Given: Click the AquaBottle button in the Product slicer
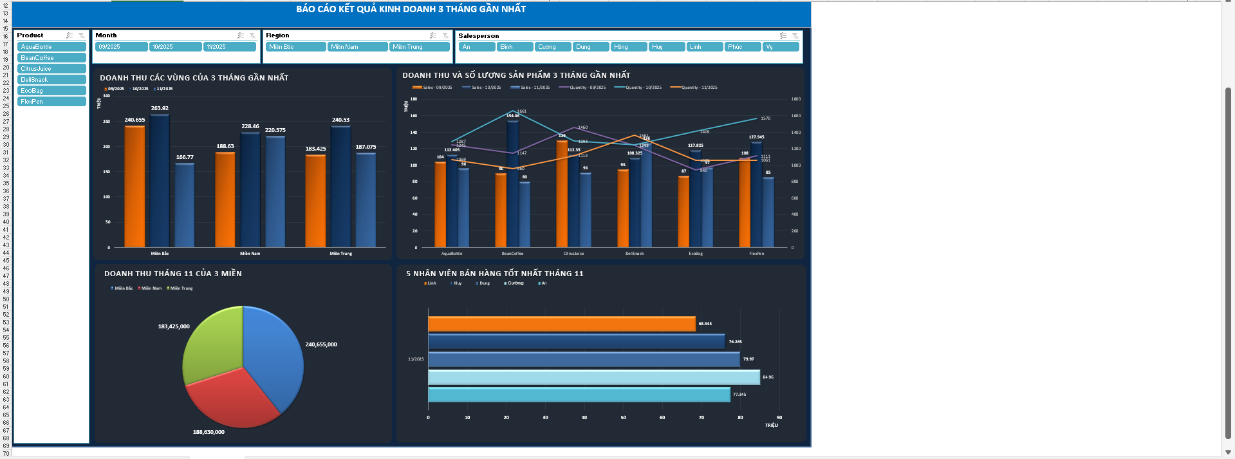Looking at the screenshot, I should click(51, 47).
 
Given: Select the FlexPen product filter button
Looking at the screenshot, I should click(51, 102).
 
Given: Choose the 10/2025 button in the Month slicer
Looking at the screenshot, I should click(175, 47).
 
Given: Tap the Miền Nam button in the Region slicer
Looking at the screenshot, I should click(357, 47).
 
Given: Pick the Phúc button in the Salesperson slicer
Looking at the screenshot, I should click(743, 47).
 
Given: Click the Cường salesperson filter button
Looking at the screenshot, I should click(553, 47).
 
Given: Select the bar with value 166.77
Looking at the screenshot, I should click(185, 206).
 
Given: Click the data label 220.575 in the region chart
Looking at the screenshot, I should click(275, 130).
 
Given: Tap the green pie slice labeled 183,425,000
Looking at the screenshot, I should click(209, 344).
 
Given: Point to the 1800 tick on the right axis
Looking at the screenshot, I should click(796, 99).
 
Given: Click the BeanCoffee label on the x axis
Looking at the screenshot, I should click(512, 254).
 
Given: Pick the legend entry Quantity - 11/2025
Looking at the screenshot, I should click(699, 88).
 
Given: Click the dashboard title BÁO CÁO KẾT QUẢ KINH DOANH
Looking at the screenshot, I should click(411, 10).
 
